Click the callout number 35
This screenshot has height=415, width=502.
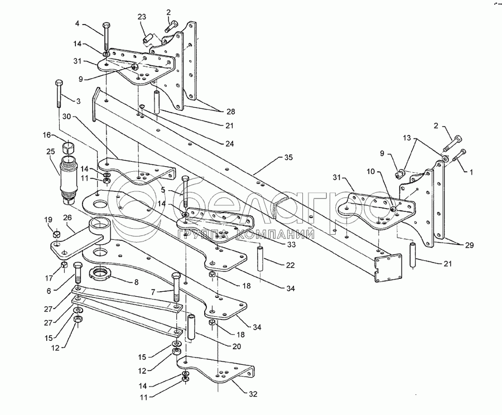point(288,157)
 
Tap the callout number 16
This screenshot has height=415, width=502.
point(47,135)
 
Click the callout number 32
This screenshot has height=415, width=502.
point(253,394)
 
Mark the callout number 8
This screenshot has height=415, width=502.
point(136,282)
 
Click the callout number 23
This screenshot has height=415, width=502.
point(142,17)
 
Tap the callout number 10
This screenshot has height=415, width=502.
point(370,172)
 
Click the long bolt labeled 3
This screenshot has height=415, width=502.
point(59,94)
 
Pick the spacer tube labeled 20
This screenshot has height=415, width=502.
point(191,328)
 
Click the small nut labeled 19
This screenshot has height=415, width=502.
point(56,234)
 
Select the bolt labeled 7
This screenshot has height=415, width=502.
point(176,287)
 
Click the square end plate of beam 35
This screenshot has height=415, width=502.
point(388,268)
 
